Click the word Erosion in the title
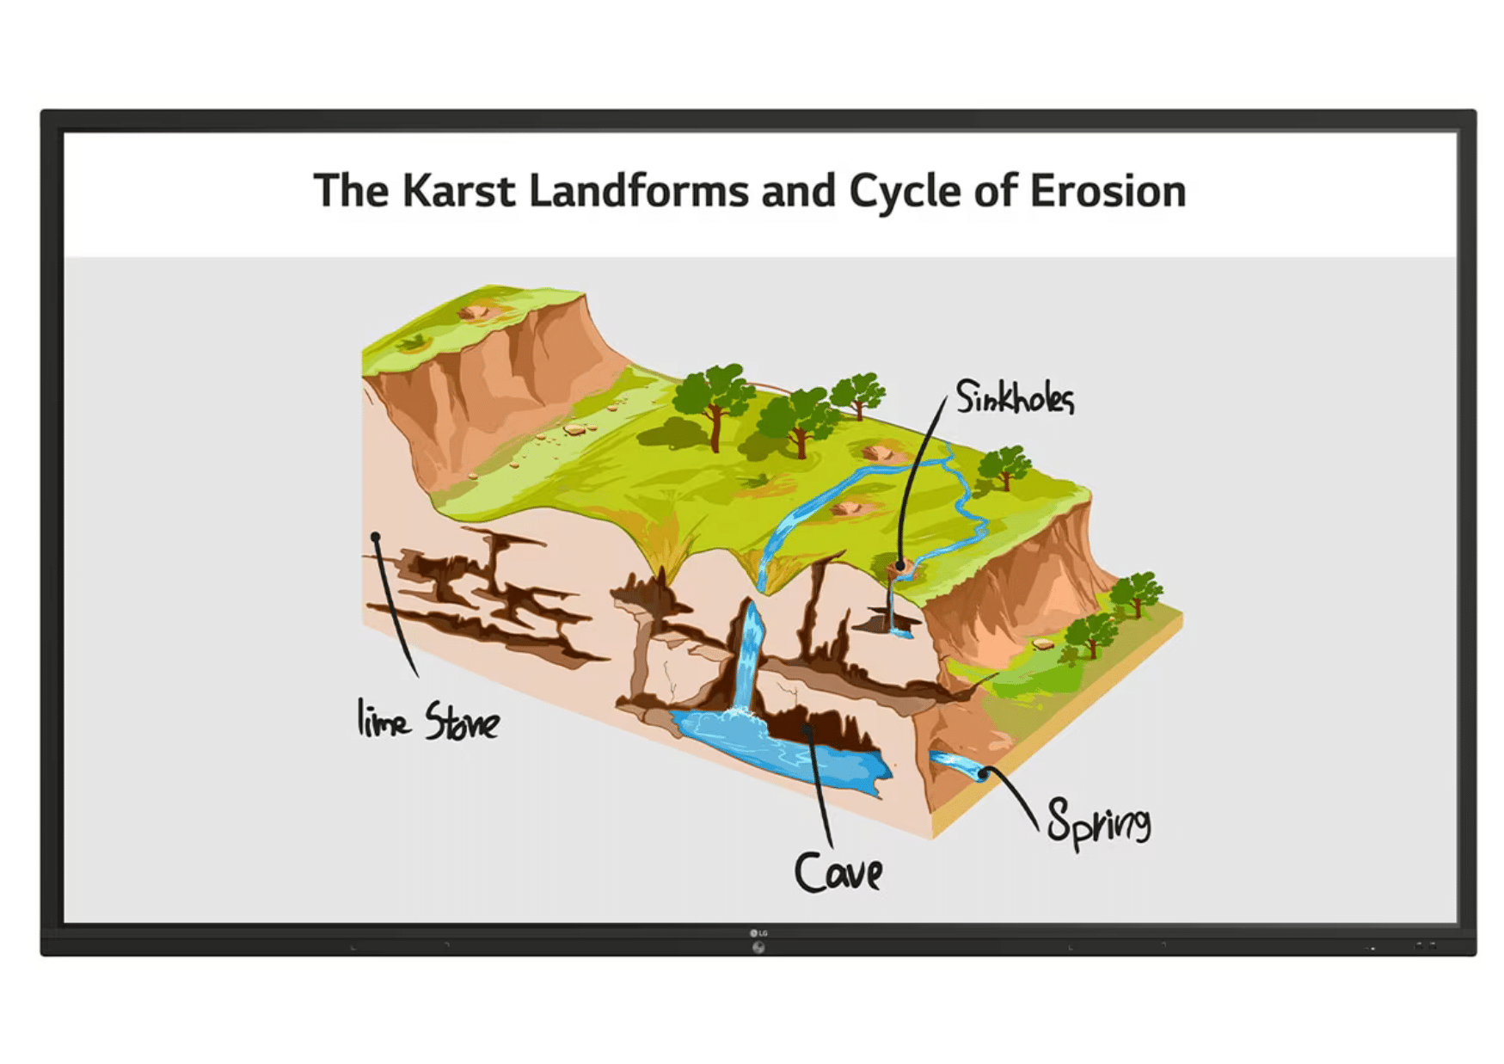(x=1108, y=191)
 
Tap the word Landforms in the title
(x=639, y=191)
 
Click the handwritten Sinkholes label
(x=1016, y=397)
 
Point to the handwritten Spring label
(x=1098, y=822)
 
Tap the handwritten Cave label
(x=838, y=872)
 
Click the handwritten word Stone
(x=462, y=721)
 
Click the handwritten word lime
(x=383, y=718)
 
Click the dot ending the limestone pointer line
(x=376, y=538)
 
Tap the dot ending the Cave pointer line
(x=807, y=729)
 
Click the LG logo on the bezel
(x=758, y=933)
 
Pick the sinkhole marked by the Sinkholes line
(x=899, y=567)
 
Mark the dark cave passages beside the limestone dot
(x=482, y=598)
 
